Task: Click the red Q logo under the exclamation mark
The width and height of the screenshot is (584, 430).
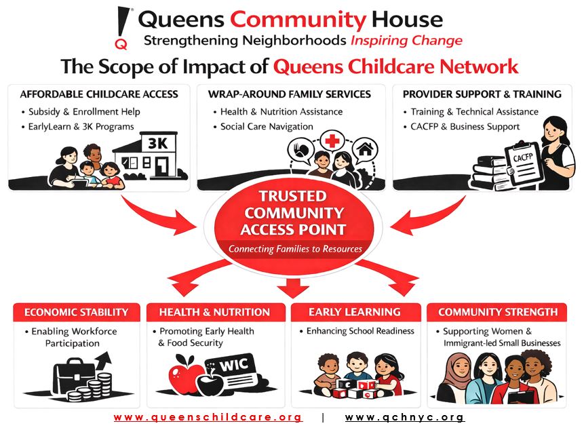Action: coord(121,44)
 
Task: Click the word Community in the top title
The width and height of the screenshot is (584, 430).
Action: coord(298,20)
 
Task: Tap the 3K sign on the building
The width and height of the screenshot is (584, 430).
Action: coord(158,142)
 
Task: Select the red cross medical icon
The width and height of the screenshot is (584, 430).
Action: coord(332,140)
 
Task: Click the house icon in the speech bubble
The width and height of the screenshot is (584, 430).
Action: coord(365,149)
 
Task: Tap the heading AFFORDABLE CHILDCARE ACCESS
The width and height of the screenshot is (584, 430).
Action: coord(99,94)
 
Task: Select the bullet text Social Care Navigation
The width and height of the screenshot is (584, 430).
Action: coord(267,127)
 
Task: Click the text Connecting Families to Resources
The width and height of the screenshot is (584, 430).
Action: coord(295,249)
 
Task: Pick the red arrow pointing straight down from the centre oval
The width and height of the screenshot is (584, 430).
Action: coord(293,287)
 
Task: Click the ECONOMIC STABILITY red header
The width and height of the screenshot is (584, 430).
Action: coord(77,312)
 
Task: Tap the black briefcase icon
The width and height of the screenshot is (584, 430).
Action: coord(75,376)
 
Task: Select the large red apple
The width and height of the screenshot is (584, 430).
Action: coord(184,374)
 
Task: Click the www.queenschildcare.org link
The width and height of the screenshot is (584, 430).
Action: coord(208,417)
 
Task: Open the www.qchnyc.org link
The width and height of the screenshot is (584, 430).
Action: coord(405,417)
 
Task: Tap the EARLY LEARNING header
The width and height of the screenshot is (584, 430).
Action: coord(355,312)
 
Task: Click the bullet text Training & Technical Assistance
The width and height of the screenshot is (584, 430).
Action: coord(475,112)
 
